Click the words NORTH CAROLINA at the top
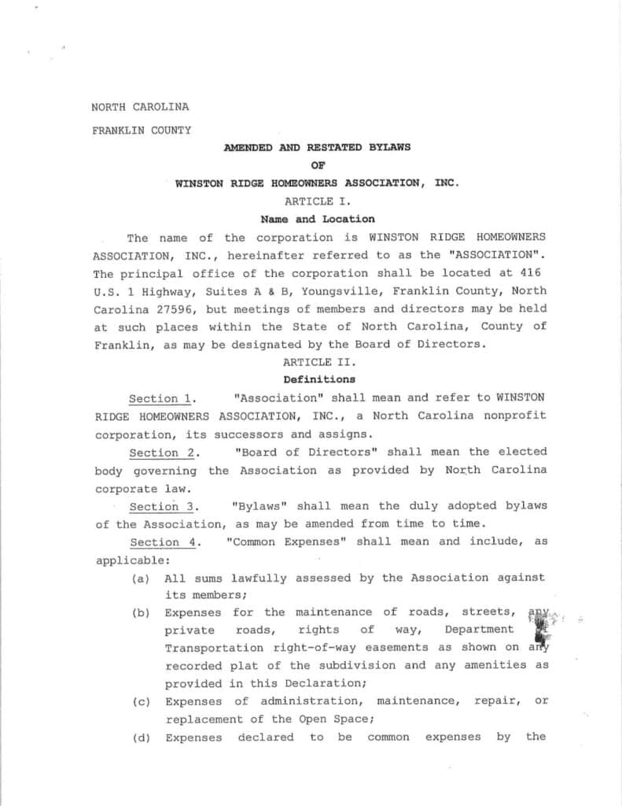tap(140, 107)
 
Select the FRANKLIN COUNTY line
tap(142, 131)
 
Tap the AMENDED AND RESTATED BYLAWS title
tap(317, 147)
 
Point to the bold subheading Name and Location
tap(317, 220)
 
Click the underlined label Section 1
tap(162, 398)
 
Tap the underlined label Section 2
tap(162, 453)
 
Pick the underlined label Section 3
tap(162, 507)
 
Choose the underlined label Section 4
tap(162, 542)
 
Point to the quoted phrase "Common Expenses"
tap(286, 542)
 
